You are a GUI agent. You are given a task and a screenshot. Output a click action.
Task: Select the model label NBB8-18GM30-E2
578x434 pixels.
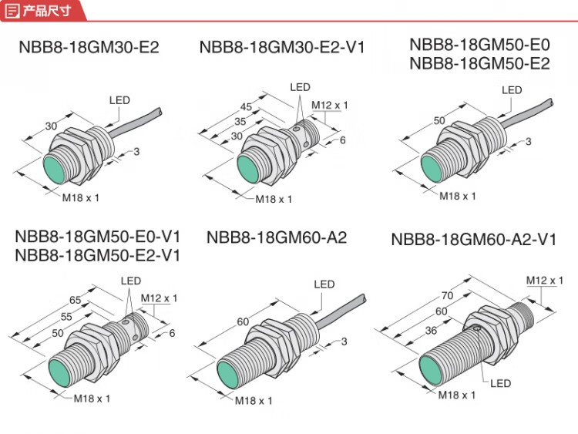(x=89, y=47)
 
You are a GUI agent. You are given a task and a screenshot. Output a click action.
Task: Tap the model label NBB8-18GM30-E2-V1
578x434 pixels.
(x=282, y=47)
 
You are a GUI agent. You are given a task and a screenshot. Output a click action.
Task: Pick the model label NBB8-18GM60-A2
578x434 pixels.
(x=277, y=237)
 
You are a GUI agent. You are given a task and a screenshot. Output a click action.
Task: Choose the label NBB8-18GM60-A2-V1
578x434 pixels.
(x=473, y=239)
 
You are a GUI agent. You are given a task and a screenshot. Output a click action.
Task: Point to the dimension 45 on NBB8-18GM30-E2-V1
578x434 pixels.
(x=247, y=107)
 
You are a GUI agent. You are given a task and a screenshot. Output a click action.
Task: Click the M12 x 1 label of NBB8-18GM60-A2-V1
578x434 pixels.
(x=551, y=279)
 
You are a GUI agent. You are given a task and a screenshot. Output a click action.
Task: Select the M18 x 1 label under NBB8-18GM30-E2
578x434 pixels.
(x=82, y=198)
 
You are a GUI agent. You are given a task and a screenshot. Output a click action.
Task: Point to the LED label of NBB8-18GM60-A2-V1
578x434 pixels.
(x=501, y=383)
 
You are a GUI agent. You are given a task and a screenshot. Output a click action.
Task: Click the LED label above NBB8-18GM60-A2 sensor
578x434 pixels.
(x=324, y=284)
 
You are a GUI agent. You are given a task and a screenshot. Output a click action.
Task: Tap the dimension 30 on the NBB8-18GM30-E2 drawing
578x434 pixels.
(x=52, y=126)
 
